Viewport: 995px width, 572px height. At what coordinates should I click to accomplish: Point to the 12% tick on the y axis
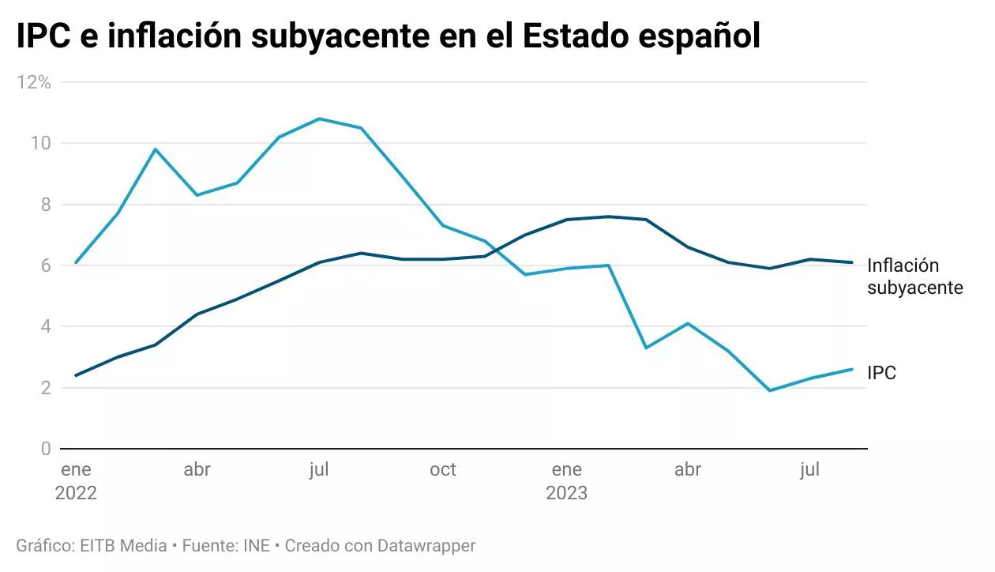(35, 82)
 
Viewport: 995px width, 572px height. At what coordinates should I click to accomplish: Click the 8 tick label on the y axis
(46, 205)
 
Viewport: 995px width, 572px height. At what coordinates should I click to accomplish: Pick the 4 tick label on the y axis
(46, 326)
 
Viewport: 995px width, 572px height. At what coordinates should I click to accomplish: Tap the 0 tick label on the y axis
(46, 449)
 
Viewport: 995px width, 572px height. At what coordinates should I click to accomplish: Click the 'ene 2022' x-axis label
(76, 481)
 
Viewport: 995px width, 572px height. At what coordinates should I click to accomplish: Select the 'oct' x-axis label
(443, 470)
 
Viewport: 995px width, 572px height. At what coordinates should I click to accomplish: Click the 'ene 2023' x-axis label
(566, 481)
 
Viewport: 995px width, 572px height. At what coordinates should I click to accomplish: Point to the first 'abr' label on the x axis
(197, 470)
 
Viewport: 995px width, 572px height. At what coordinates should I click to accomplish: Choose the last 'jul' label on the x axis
(809, 470)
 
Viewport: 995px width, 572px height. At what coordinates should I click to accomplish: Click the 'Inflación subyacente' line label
(914, 277)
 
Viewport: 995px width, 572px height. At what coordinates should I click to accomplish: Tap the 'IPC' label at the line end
(882, 373)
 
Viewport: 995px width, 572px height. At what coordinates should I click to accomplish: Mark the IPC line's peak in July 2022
(319, 119)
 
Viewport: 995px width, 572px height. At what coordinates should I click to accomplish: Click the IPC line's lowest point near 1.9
(769, 390)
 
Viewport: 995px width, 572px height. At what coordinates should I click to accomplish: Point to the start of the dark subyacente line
(76, 375)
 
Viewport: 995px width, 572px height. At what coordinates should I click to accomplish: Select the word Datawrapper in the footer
(426, 546)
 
